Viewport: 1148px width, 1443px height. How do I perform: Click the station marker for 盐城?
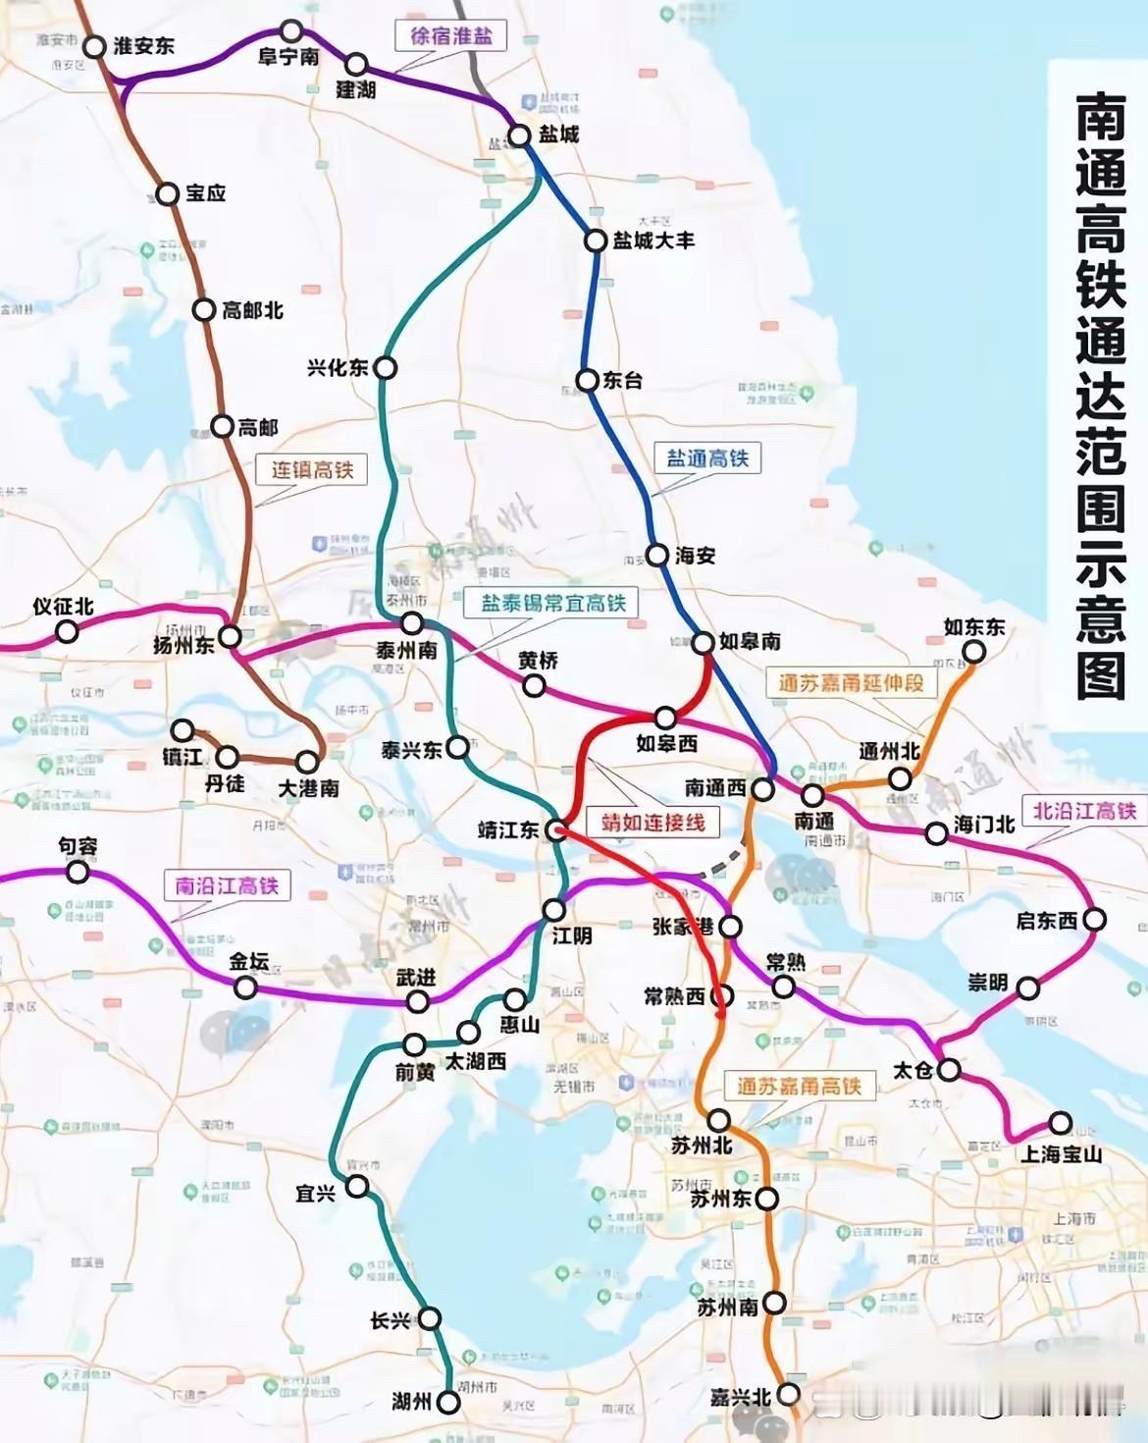(x=520, y=135)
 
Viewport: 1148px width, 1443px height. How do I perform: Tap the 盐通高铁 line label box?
(x=706, y=458)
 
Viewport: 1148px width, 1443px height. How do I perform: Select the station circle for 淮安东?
(x=94, y=47)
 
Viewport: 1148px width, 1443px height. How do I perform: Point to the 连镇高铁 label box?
(x=312, y=469)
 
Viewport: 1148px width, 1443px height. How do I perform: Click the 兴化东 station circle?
(x=387, y=368)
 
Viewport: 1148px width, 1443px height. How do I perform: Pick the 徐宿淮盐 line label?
(x=450, y=37)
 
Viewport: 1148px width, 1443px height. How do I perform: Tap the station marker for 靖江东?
(x=555, y=829)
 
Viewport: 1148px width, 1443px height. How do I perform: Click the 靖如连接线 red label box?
(x=652, y=822)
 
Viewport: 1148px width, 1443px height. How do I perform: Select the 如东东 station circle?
(x=973, y=652)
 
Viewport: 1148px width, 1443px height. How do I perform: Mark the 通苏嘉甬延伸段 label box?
(x=850, y=683)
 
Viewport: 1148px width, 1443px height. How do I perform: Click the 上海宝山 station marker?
(x=1060, y=1122)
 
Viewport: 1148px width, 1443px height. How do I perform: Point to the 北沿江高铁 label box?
(x=1083, y=810)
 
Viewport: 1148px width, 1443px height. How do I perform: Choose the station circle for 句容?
(x=77, y=872)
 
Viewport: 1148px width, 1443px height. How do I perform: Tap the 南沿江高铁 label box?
(x=227, y=885)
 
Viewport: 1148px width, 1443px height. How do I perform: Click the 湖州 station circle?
(x=448, y=1403)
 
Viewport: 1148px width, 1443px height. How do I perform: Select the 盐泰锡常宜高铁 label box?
(x=551, y=602)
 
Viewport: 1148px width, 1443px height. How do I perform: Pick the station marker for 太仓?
(x=948, y=1070)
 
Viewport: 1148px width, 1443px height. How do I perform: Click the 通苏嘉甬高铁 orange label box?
(x=798, y=1085)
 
